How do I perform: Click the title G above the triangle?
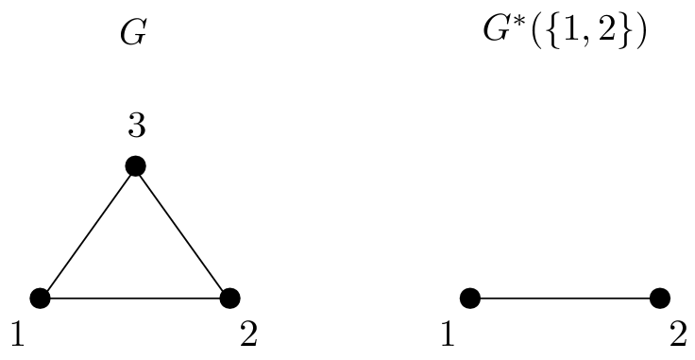click(x=134, y=34)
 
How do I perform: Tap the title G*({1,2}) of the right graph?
click(x=564, y=34)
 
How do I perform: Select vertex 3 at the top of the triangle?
click(x=135, y=166)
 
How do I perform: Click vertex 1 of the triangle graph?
click(x=41, y=299)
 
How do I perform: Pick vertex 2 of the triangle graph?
click(x=229, y=299)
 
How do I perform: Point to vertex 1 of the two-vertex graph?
click(x=470, y=299)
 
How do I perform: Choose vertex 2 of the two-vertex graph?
click(x=659, y=299)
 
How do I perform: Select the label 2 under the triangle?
click(x=247, y=334)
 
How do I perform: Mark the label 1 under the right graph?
click(x=447, y=334)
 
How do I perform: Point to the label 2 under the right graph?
click(x=678, y=334)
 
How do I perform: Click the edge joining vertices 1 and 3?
click(x=88, y=232)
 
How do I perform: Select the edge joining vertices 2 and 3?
click(x=182, y=232)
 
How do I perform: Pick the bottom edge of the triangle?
click(x=135, y=299)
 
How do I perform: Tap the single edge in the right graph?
click(x=565, y=299)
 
